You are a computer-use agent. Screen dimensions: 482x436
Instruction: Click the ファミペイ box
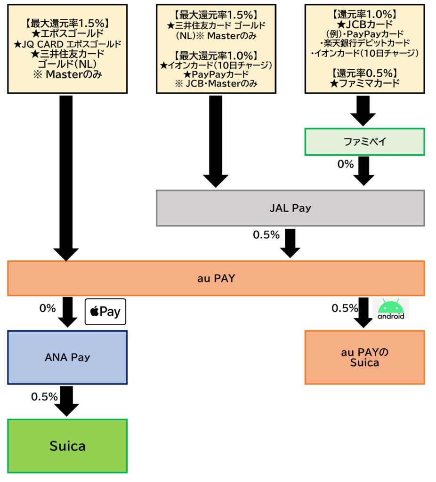364,141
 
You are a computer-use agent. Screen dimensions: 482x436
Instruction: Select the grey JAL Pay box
290,208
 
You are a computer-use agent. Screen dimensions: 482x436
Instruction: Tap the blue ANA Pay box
67,357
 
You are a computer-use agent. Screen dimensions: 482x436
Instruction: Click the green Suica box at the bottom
67,445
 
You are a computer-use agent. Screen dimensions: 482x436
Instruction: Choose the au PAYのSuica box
364,357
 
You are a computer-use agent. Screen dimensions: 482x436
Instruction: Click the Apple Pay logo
105,312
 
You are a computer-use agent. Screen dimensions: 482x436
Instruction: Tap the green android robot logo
391,309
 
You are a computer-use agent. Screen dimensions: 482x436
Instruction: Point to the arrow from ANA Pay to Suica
67,401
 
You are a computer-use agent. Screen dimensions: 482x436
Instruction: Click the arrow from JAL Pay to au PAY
290,243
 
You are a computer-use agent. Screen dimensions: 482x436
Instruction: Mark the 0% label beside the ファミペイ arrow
345,164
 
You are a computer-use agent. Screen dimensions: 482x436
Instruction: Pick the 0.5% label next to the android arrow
345,308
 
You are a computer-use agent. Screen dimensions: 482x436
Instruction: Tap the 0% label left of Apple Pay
48,309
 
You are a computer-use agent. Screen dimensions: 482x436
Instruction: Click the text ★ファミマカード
364,83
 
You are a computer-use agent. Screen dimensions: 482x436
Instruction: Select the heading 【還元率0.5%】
364,73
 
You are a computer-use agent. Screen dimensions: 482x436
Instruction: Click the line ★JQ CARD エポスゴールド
67,44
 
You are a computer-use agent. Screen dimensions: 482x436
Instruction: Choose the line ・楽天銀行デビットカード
364,43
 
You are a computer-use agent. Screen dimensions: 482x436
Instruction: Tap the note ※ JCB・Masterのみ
216,83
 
